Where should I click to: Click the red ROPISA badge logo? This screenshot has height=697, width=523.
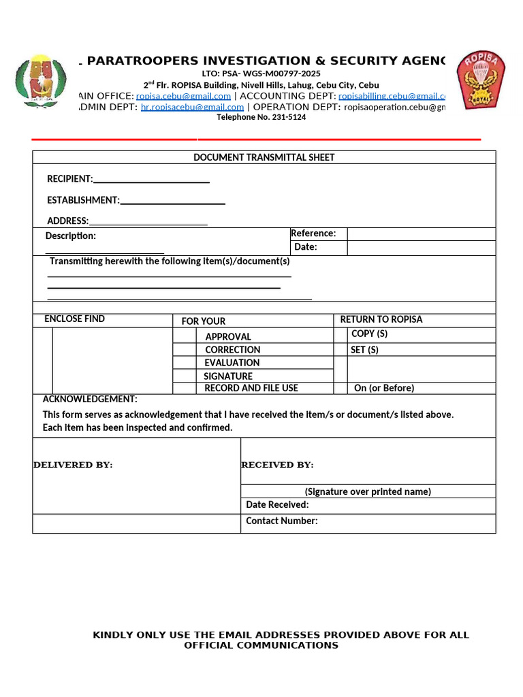tap(481, 80)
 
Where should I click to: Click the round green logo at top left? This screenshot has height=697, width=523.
tap(42, 81)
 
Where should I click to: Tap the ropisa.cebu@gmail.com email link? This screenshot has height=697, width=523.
tap(183, 96)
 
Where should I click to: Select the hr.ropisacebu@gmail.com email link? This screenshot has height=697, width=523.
tap(192, 107)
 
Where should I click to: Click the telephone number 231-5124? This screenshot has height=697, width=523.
tap(261, 117)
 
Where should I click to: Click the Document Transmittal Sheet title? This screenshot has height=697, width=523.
tap(264, 157)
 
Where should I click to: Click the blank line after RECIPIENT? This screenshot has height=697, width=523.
tap(151, 180)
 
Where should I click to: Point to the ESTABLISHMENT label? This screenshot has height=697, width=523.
tap(83, 200)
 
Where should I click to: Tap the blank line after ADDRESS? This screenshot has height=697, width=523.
tap(148, 221)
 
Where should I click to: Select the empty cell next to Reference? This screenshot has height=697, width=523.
tap(421, 234)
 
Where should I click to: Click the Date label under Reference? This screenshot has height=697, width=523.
tap(305, 247)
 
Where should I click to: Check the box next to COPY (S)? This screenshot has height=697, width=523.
tap(340, 335)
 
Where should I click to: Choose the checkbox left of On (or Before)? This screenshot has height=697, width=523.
tap(340, 388)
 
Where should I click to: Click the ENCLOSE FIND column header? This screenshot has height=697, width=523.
tap(74, 319)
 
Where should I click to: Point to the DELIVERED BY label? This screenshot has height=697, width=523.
tap(73, 465)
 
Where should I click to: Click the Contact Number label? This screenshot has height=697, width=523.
tap(281, 521)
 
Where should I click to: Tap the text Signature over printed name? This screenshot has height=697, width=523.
tap(368, 491)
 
